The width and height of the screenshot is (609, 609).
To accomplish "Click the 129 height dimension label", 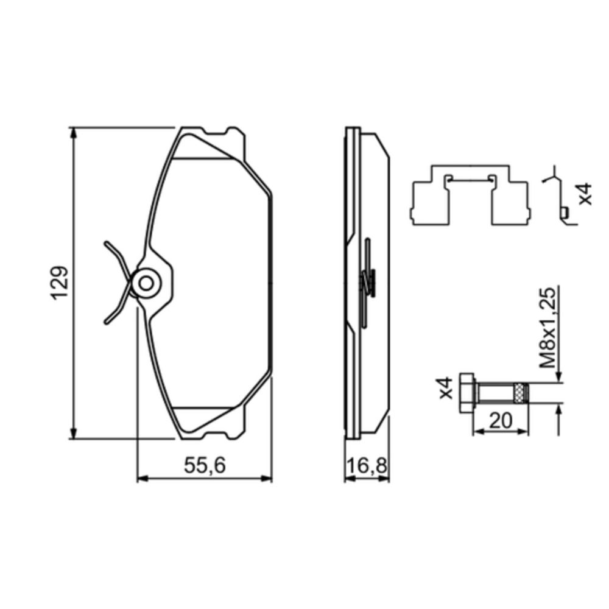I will [58, 283].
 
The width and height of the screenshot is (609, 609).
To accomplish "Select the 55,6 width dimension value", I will [205, 466].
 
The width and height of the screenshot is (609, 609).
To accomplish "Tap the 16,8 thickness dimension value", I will [367, 466].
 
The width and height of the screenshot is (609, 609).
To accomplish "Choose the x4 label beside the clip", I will [584, 193].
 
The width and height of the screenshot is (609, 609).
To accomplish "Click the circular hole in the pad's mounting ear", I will [146, 283].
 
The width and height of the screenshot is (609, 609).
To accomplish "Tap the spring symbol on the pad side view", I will [367, 281].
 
